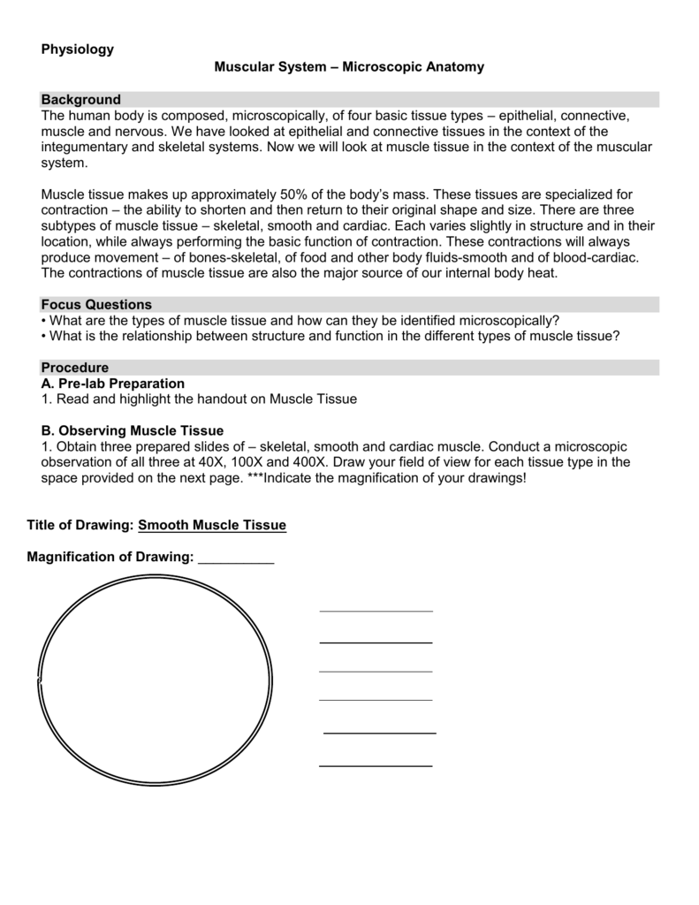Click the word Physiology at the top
[78, 49]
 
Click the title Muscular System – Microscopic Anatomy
[349, 67]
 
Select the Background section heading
[81, 100]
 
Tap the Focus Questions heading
[97, 304]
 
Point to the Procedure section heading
[75, 368]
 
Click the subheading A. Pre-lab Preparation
[113, 384]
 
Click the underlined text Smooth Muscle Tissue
[212, 525]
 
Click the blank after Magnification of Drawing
[236, 557]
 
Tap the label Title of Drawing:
[80, 525]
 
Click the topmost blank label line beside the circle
[376, 610]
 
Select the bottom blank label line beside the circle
[376, 764]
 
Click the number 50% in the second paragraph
[294, 194]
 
